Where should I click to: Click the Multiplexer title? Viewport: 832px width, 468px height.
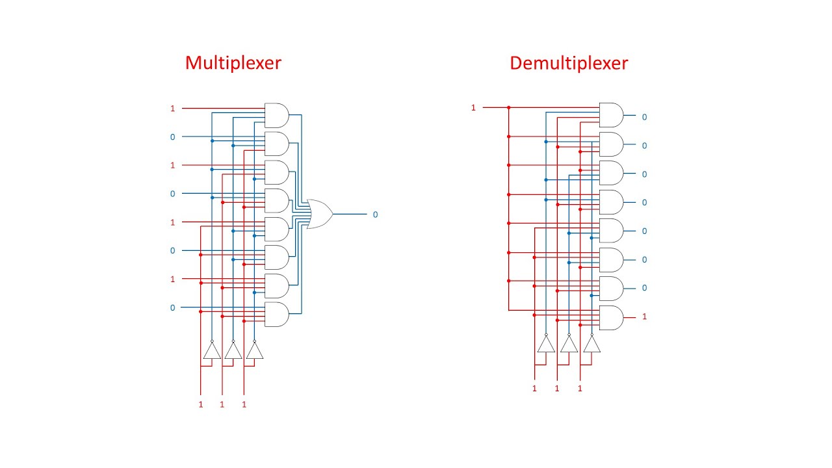(x=233, y=63)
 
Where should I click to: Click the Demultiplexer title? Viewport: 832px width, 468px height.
(x=569, y=63)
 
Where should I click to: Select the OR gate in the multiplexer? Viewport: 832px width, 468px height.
(x=319, y=214)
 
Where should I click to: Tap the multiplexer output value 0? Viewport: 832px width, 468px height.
(x=375, y=214)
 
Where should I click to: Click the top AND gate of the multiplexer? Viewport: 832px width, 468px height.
(x=276, y=115)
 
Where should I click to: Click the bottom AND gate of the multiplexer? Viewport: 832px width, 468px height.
(x=276, y=314)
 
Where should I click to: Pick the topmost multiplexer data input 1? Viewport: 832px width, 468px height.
(x=172, y=109)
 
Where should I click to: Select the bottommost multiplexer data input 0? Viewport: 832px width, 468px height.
(x=172, y=307)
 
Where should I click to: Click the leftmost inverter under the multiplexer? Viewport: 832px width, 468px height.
(x=212, y=351)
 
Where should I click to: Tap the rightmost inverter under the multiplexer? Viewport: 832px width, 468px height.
(x=254, y=351)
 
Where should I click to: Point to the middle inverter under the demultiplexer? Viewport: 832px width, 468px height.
(x=569, y=344)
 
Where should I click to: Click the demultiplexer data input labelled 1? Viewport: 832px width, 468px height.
(x=473, y=107)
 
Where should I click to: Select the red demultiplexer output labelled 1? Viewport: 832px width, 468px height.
(x=644, y=317)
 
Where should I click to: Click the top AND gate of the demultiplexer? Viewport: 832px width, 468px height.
(x=610, y=115)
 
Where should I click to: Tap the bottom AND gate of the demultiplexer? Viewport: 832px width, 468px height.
(x=610, y=317)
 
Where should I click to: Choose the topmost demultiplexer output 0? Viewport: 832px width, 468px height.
(x=644, y=117)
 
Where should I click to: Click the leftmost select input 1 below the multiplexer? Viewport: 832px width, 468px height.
(x=200, y=404)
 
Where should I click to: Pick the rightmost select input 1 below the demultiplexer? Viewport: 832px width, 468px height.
(x=580, y=388)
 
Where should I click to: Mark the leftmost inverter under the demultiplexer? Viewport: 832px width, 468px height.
(x=546, y=344)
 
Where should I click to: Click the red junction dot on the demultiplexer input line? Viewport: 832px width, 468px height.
(x=509, y=107)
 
